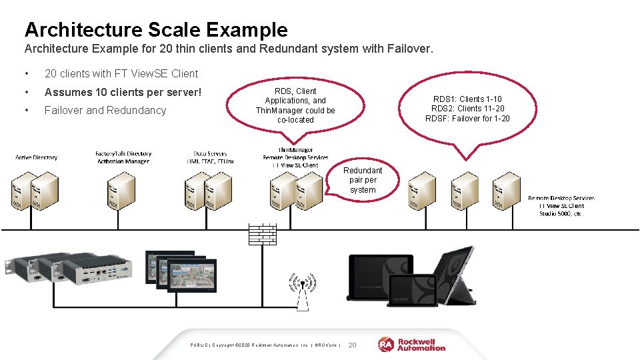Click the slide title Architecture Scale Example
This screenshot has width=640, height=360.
[156, 29]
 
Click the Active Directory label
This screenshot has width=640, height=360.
[37, 157]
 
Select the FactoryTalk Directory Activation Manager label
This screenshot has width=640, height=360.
[123, 157]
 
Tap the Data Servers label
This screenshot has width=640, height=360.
[210, 157]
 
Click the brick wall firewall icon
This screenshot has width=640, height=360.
[262, 234]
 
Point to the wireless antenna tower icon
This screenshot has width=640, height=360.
[302, 291]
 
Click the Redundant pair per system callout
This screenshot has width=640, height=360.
[362, 180]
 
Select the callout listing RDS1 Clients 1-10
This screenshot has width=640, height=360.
[467, 109]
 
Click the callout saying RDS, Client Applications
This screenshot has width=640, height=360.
[295, 105]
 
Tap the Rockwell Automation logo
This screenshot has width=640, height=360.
[411, 344]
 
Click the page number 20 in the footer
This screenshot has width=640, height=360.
[353, 345]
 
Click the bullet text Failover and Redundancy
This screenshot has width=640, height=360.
[105, 110]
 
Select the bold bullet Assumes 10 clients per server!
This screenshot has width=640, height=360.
[123, 92]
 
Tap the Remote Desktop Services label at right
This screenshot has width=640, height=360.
[561, 206]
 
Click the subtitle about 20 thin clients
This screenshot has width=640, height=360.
[229, 49]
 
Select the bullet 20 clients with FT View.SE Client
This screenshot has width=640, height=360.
[121, 73]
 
